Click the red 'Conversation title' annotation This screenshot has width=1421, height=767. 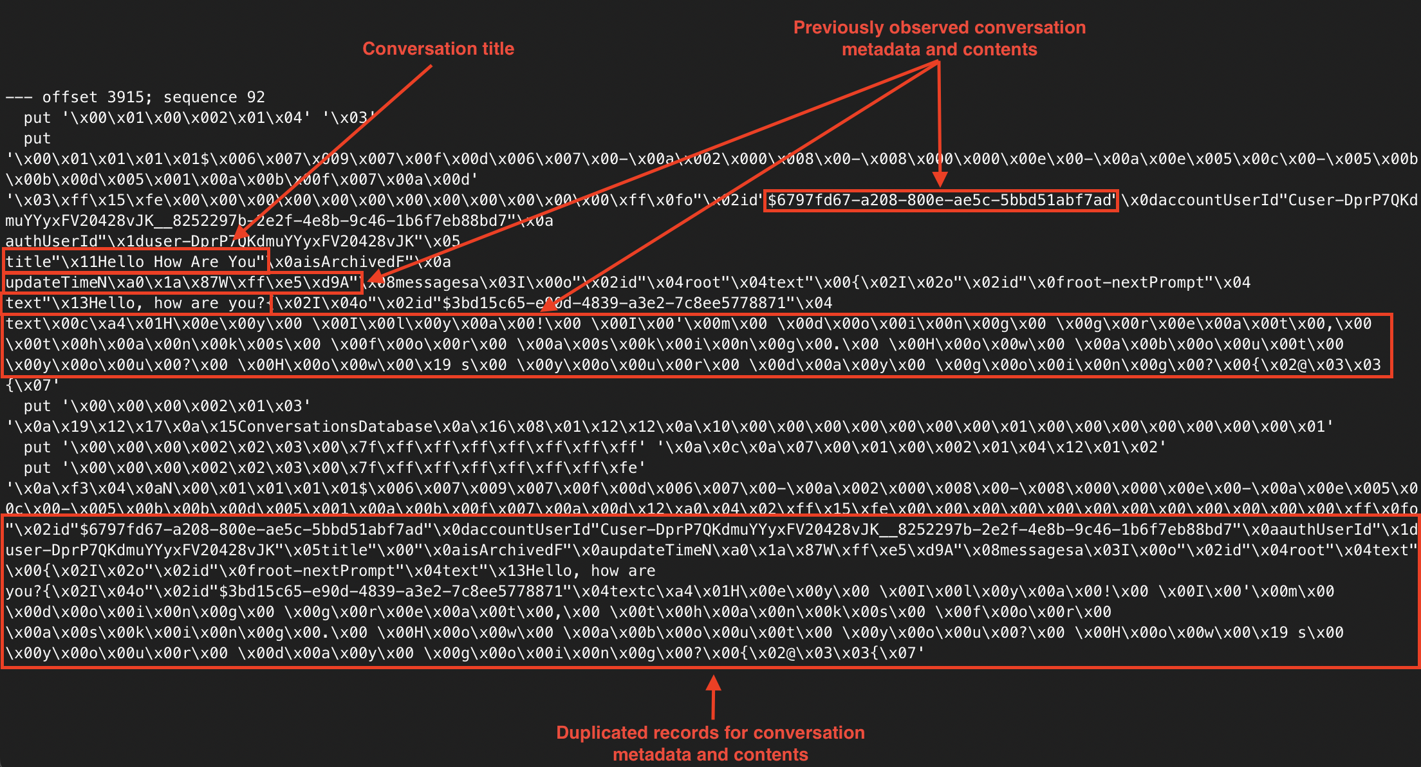[x=438, y=49]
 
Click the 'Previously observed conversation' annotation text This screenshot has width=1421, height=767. [x=939, y=28]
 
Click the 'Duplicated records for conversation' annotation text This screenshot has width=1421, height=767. [x=710, y=733]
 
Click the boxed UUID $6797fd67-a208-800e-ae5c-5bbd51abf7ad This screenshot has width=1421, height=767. [x=940, y=200]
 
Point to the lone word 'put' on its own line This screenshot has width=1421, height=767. [x=37, y=138]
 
